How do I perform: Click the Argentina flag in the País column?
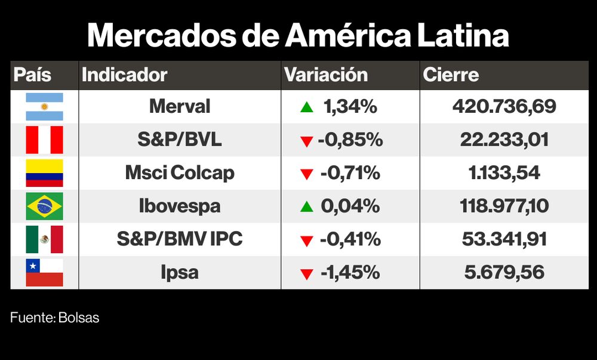point(44,107)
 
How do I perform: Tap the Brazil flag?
point(44,207)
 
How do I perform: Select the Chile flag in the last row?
point(44,273)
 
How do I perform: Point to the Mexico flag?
point(44,239)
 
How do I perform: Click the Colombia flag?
point(44,173)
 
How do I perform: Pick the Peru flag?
point(44,140)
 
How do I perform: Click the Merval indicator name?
point(180,107)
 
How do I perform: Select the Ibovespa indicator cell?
point(180,207)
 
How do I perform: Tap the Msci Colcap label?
point(180,173)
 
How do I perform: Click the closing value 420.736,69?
point(504,107)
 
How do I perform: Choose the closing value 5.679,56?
point(504,273)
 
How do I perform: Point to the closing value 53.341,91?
point(504,239)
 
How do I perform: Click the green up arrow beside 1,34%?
point(307,107)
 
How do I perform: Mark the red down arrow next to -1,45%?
point(307,274)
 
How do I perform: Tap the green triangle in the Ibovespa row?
point(307,207)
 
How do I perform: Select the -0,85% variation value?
point(350,140)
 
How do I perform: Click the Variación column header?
point(326,75)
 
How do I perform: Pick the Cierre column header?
point(451,75)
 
